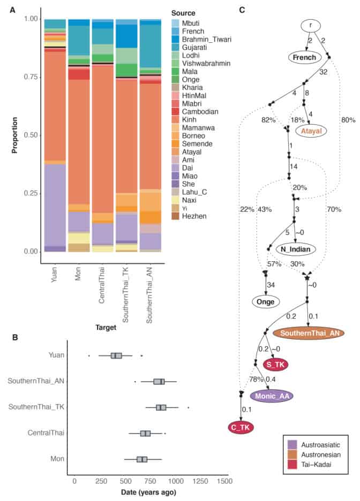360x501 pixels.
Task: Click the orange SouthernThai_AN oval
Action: (x=309, y=332)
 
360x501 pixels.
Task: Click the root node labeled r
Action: (x=311, y=25)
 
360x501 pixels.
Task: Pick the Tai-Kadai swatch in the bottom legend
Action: (x=293, y=465)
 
